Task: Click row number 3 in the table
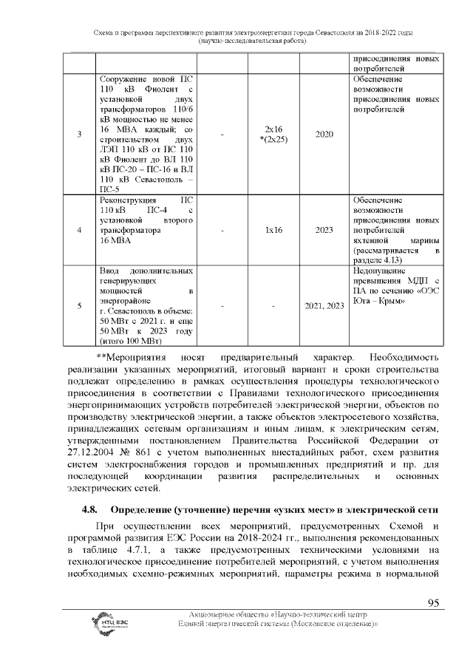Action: tap(79, 135)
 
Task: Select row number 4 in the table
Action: tap(79, 230)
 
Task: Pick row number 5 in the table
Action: tap(79, 305)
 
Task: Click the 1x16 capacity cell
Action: tap(273, 230)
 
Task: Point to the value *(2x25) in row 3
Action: tap(273, 140)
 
